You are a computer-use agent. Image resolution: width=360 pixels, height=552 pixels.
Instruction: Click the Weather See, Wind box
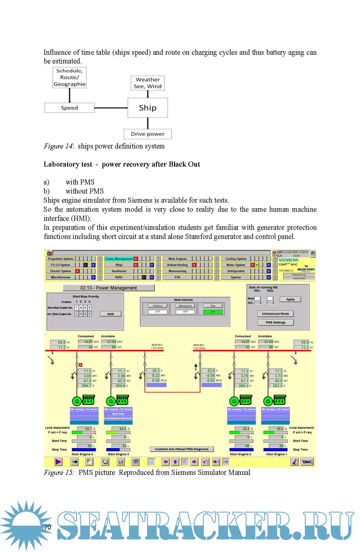coord(148,83)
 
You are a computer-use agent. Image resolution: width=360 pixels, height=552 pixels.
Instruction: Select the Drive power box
coord(148,134)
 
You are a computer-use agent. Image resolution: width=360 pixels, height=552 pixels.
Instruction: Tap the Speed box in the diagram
coord(69,108)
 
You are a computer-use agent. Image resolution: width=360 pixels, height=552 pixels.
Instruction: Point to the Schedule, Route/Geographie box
coord(70,77)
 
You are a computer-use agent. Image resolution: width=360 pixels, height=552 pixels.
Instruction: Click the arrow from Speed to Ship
coord(111,108)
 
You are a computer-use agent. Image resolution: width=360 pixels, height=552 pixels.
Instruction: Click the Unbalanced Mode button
coord(275,314)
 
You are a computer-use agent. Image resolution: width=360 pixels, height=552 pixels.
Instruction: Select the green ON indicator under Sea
coord(213,312)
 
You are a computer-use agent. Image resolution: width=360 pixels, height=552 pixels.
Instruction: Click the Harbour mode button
coord(157,306)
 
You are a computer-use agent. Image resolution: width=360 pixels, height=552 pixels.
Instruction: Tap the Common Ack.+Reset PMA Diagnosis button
coord(182,449)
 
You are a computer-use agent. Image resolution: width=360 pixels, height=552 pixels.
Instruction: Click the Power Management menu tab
coord(119,259)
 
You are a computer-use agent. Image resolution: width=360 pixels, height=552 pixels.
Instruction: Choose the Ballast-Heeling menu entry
coord(177,265)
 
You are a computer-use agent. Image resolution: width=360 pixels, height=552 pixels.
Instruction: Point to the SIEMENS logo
coord(288,260)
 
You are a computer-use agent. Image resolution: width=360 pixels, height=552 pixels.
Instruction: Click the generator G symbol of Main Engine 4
coord(77,401)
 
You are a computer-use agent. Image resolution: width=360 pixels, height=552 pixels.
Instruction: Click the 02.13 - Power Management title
coord(109,288)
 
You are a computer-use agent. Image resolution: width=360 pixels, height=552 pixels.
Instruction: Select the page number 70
coord(47,527)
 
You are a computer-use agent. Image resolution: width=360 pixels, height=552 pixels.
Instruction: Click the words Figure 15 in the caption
coord(59,472)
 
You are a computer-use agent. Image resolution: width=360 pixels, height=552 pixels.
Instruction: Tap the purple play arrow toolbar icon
coord(58,462)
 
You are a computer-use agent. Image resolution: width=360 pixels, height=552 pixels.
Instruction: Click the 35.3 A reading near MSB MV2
coord(156,371)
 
